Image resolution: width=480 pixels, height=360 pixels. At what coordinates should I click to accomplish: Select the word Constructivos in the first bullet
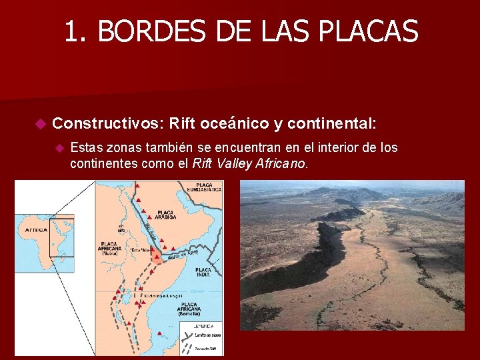tap(107, 123)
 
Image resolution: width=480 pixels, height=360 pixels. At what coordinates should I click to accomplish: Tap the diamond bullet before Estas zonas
tap(59, 148)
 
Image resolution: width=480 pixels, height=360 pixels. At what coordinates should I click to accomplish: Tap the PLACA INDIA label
tap(203, 271)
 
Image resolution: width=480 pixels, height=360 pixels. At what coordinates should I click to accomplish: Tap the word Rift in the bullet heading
tap(183, 123)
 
